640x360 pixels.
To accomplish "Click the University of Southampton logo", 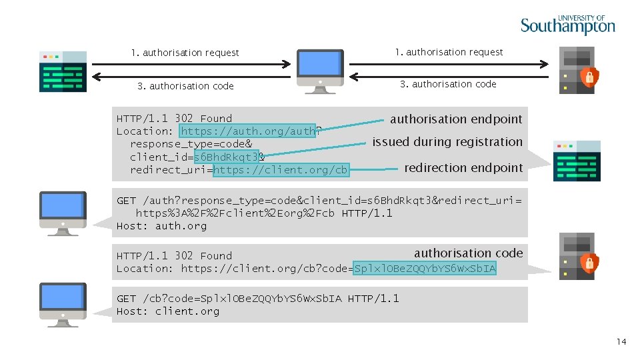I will coord(567,25).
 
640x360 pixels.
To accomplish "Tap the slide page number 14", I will coord(621,342).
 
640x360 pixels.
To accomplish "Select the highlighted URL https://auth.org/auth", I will coord(248,131).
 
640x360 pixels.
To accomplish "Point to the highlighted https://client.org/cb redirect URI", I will coord(281,170).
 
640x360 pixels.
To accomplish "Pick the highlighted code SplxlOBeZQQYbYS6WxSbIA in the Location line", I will coord(425,269).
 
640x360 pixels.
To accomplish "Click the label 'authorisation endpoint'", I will coord(456,119).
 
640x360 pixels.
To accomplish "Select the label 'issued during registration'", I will coord(447,142).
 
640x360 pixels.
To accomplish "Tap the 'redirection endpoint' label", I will coord(463,168).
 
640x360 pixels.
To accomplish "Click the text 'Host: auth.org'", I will coord(161,226).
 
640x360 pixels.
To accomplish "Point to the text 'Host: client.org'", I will coord(167,311).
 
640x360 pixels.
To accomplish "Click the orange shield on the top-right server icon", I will coord(589,77).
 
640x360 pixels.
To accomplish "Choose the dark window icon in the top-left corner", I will coord(63,71).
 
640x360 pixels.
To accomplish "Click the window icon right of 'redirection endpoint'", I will coord(577,161).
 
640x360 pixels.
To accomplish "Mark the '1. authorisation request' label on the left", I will coord(185,53).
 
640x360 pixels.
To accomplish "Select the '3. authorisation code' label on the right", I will coord(448,84).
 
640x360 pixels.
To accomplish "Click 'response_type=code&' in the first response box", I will coord(191,144).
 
